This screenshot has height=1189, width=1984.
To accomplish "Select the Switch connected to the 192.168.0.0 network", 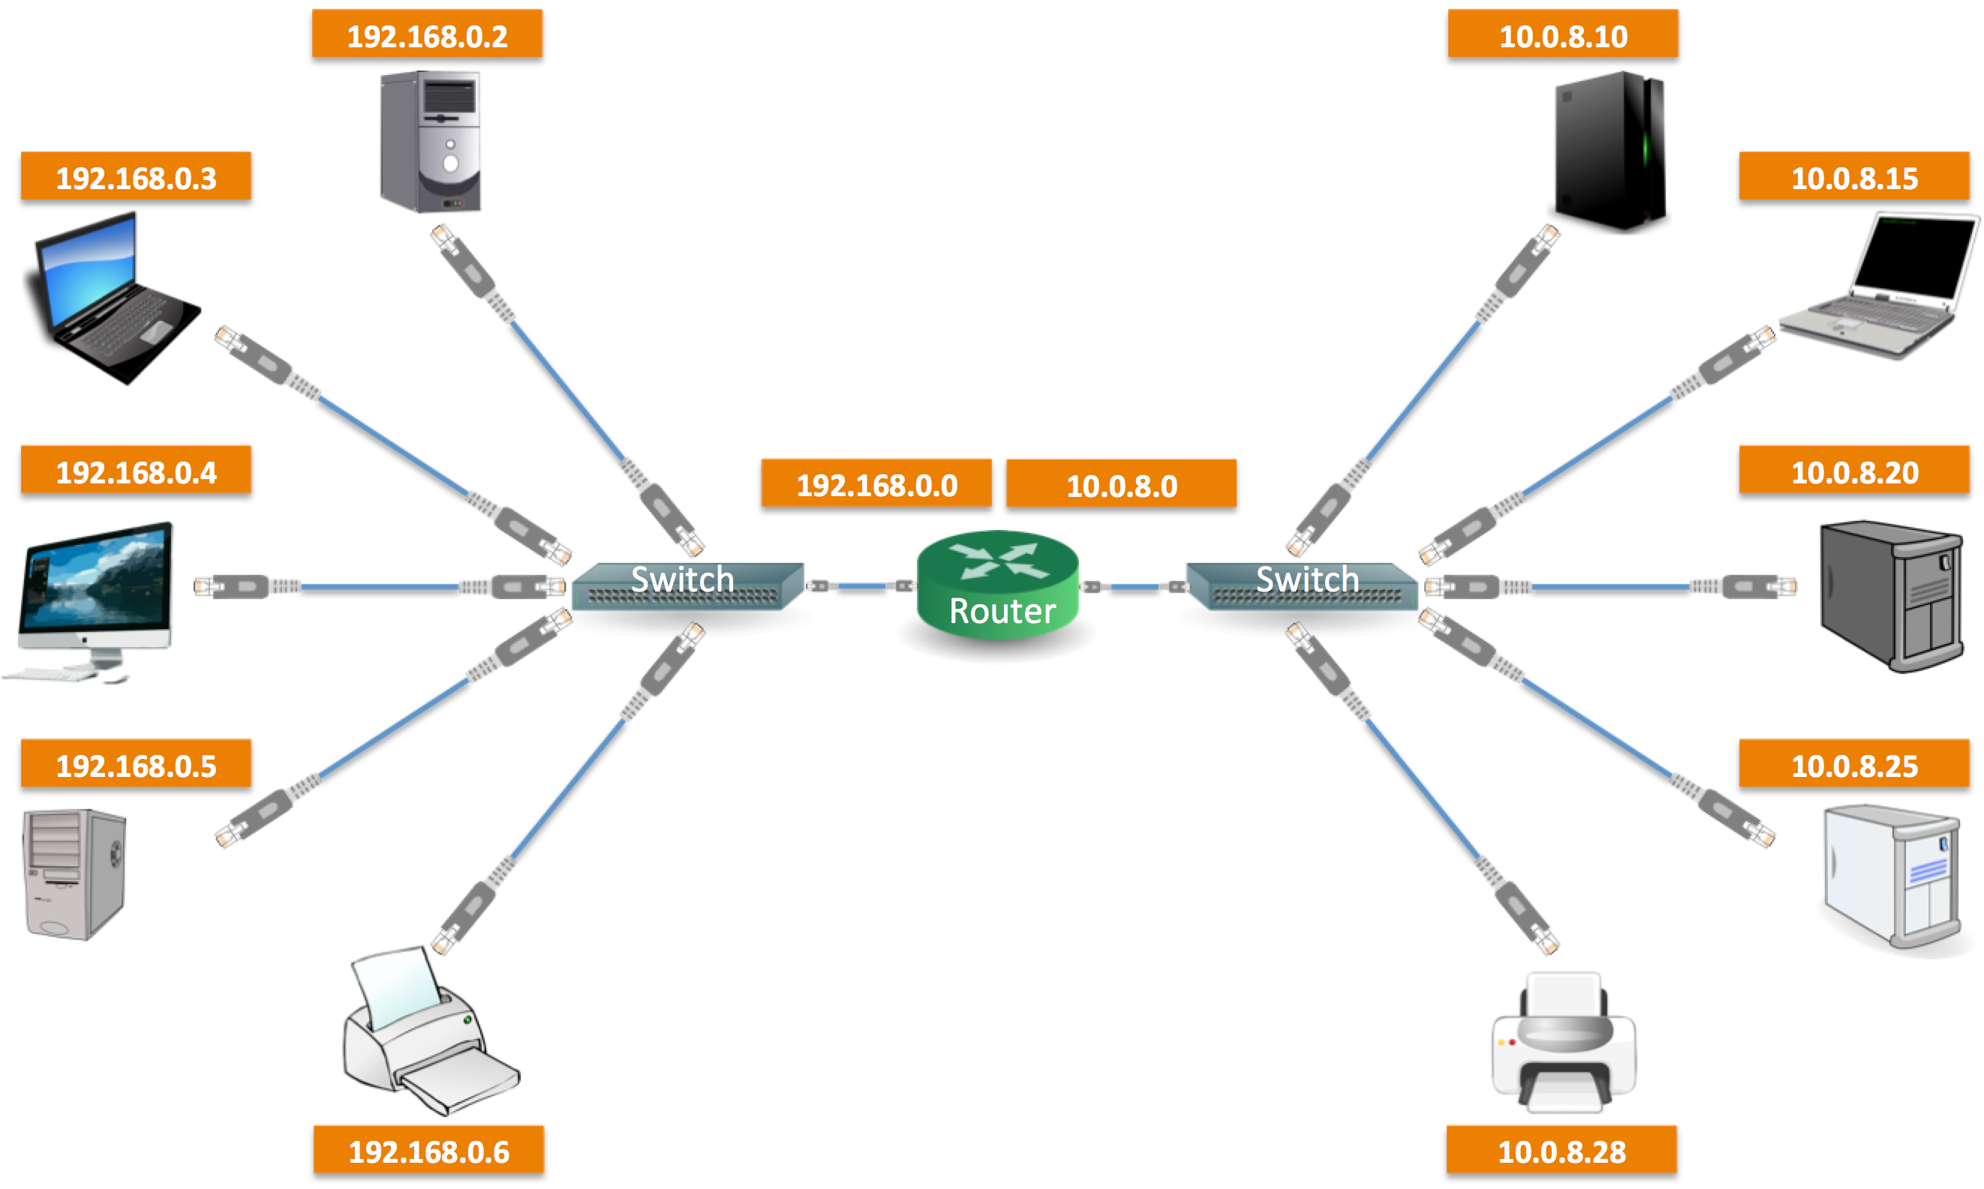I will [x=687, y=585].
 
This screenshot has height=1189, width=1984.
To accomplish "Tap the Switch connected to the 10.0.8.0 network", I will [x=1302, y=585].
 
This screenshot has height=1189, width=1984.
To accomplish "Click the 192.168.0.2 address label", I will [x=427, y=35].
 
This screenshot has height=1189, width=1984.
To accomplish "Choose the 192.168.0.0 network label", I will [x=876, y=484].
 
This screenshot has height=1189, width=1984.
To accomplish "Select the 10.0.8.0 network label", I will [x=1120, y=484].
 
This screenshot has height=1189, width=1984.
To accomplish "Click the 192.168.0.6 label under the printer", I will [x=428, y=1151].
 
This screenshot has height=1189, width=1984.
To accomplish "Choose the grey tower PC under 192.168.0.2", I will [x=431, y=141].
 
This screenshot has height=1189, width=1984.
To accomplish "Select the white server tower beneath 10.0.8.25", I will [x=1890, y=877].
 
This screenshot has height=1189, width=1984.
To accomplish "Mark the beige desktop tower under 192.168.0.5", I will [x=74, y=873].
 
